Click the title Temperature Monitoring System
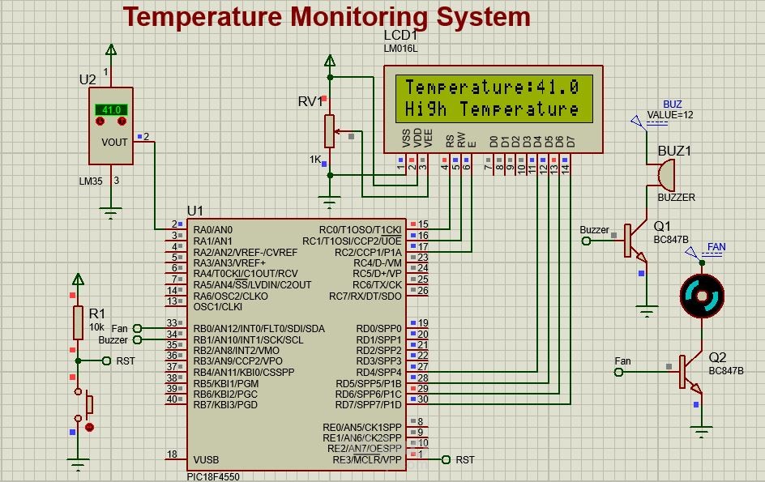[x=327, y=16]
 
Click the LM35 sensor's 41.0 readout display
[x=111, y=109]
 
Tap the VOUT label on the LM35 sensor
[x=114, y=141]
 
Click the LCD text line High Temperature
[x=492, y=109]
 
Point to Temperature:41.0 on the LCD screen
[x=492, y=87]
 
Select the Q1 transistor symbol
[x=634, y=241]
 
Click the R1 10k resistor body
[x=78, y=322]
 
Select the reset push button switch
[x=86, y=403]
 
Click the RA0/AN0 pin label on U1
[x=213, y=230]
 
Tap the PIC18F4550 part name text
[x=213, y=476]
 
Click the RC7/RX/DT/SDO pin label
[x=365, y=296]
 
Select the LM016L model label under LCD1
[x=400, y=49]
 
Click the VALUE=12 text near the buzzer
[x=670, y=115]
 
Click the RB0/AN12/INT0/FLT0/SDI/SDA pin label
[x=259, y=328]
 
